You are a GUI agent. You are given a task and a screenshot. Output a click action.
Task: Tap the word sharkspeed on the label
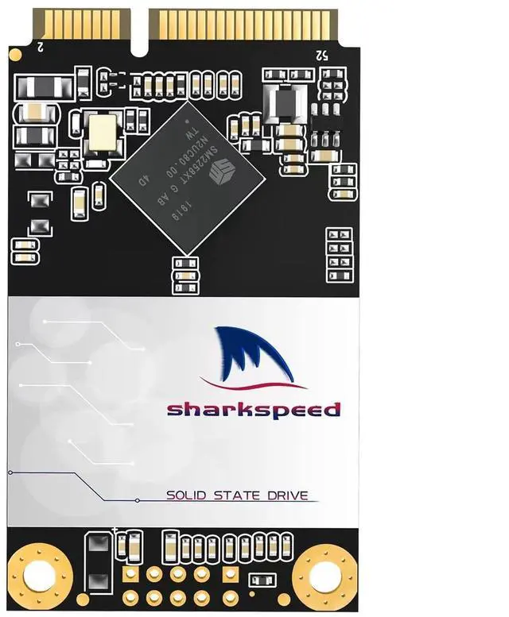(x=253, y=410)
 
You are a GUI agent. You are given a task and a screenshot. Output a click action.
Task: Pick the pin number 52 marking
(x=321, y=56)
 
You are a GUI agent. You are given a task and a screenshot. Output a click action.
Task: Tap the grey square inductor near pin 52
(x=283, y=102)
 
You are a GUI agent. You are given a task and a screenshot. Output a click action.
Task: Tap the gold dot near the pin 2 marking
(x=15, y=55)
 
